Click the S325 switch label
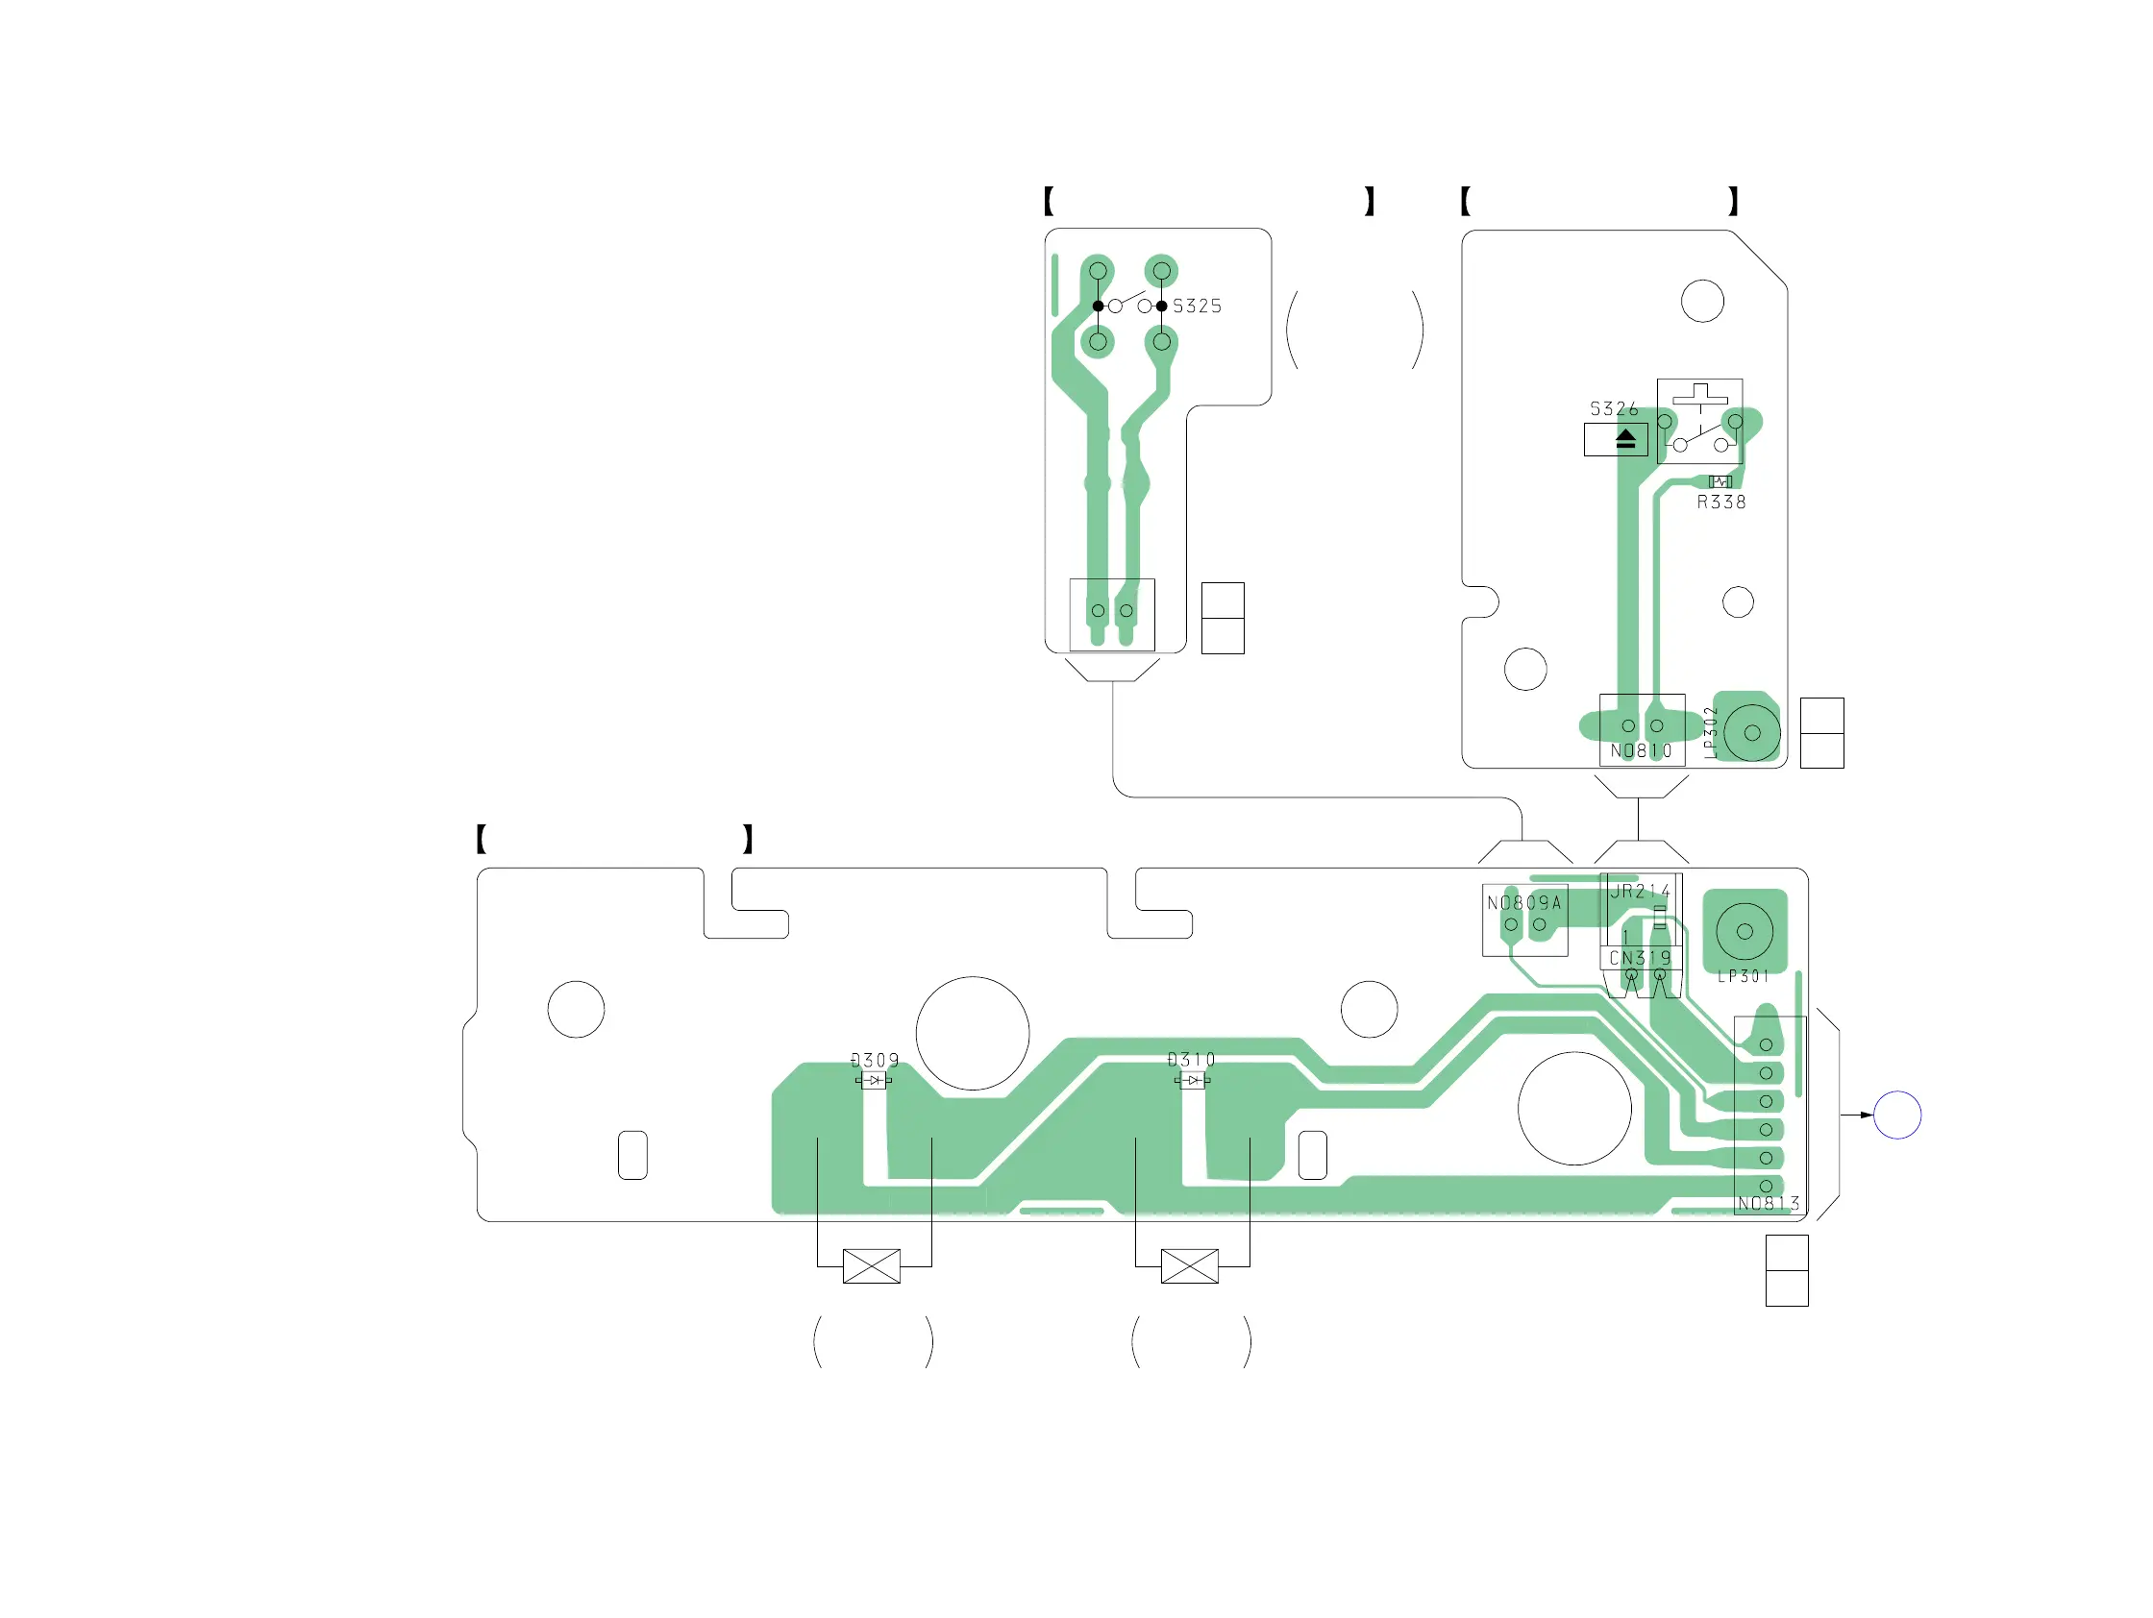pos(1197,306)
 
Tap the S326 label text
pos(1614,409)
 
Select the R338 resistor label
pos(1720,503)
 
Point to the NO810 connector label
pos(1641,751)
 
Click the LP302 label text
pos(1711,731)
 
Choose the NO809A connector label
pos(1524,903)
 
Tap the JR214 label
pos(1640,892)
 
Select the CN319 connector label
pos(1640,958)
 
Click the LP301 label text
pos(1744,977)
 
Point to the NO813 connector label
pos(1769,1204)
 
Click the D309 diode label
pos(875,1061)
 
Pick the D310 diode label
pos(1191,1060)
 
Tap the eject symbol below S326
pos(1625,440)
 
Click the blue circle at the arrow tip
pos(1897,1115)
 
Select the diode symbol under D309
pos(874,1081)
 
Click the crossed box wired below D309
pos(871,1266)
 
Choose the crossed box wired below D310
pos(1189,1266)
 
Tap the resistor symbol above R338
pos(1720,481)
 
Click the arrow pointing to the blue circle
pos(1856,1115)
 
